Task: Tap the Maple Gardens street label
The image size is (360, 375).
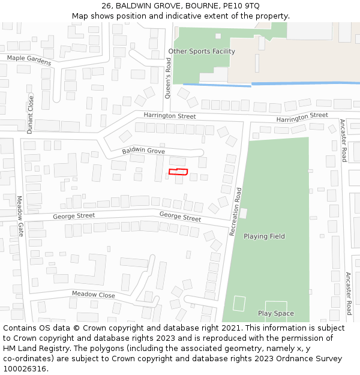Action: [x=29, y=60]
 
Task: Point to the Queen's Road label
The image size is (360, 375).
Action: [x=169, y=77]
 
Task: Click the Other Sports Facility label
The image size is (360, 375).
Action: [x=202, y=52]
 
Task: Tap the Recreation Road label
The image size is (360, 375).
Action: [x=236, y=211]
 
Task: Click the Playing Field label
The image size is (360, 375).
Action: [x=264, y=236]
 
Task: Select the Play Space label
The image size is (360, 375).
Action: [x=275, y=313]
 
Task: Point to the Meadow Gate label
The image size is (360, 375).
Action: [x=19, y=216]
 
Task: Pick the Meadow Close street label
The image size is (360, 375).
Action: [x=93, y=295]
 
